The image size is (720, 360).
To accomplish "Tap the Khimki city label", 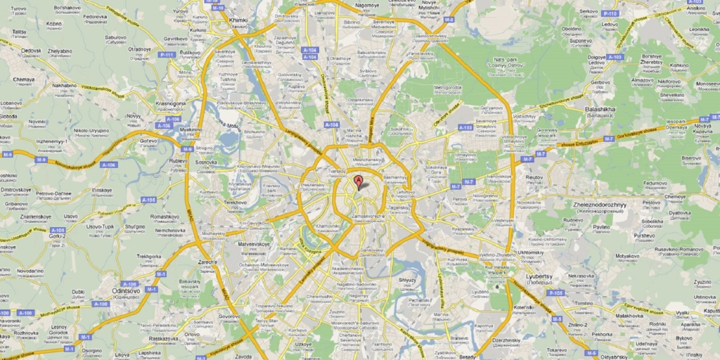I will pos(238,21).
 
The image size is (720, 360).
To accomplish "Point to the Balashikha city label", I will pos(600,110).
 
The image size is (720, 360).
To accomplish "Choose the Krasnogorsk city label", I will pos(169,103).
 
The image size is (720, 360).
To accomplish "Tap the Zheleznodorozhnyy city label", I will pos(595,205).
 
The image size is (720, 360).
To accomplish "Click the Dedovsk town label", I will pos(31,51).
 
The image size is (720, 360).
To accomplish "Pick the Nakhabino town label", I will pos(64,86).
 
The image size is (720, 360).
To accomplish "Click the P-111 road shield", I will pos(166,54).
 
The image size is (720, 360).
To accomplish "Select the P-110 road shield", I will pos(609,13).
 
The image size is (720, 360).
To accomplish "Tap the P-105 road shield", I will pos(555,292).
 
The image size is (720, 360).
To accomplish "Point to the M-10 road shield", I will pos(217,8).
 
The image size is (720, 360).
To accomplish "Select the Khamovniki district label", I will pos(328,226).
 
